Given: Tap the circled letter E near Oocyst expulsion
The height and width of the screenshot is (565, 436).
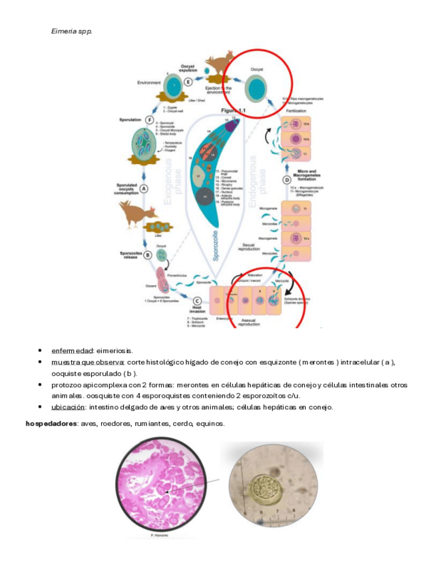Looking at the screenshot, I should point(188,82).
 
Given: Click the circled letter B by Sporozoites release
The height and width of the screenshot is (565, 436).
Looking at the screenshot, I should point(148,254).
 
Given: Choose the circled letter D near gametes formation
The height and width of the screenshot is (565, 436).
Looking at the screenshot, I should point(287,180).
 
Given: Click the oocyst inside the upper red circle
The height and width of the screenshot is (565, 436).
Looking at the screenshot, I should point(257,88).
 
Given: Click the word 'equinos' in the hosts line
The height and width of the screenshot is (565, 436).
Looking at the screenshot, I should point(210,424).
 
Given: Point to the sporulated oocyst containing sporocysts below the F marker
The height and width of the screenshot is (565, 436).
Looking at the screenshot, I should point(151,145).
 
